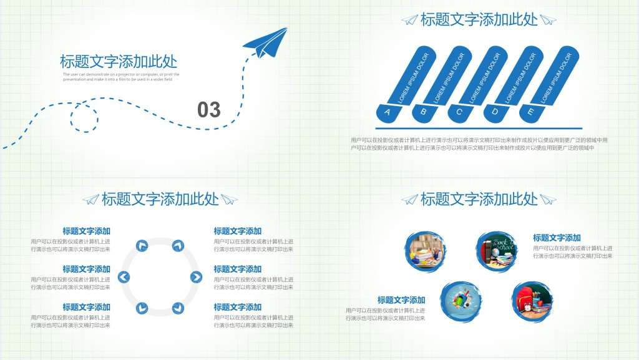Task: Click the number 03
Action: (209, 110)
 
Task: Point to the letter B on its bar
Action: (423, 113)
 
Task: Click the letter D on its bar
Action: (495, 113)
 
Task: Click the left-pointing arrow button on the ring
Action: (124, 277)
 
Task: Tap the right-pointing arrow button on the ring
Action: (196, 277)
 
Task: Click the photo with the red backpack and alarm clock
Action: (532, 301)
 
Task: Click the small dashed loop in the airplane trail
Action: (84, 116)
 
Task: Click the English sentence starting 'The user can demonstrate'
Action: (121, 77)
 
